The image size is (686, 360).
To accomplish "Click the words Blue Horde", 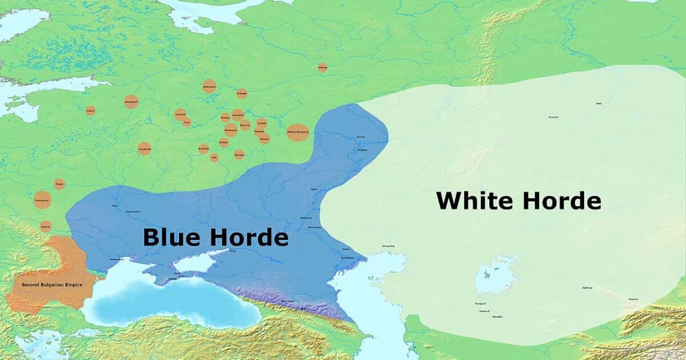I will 215,237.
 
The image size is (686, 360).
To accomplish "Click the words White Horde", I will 519,201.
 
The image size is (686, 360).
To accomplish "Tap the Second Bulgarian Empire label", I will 52,285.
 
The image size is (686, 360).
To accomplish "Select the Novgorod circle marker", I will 131,102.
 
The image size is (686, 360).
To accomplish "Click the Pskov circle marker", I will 90,111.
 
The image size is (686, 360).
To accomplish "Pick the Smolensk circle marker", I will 144,149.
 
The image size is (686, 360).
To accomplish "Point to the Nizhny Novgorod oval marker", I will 297,132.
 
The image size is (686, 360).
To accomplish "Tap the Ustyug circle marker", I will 322,67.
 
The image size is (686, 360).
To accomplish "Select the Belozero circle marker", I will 209,87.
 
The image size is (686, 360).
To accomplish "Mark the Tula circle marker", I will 214,157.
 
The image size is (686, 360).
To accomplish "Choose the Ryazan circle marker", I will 239,154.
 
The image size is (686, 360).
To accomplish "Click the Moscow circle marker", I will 230,130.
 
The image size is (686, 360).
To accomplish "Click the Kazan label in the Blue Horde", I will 360,137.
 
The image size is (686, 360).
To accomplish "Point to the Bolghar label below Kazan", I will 362,150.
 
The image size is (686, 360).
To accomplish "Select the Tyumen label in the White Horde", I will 553,117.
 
